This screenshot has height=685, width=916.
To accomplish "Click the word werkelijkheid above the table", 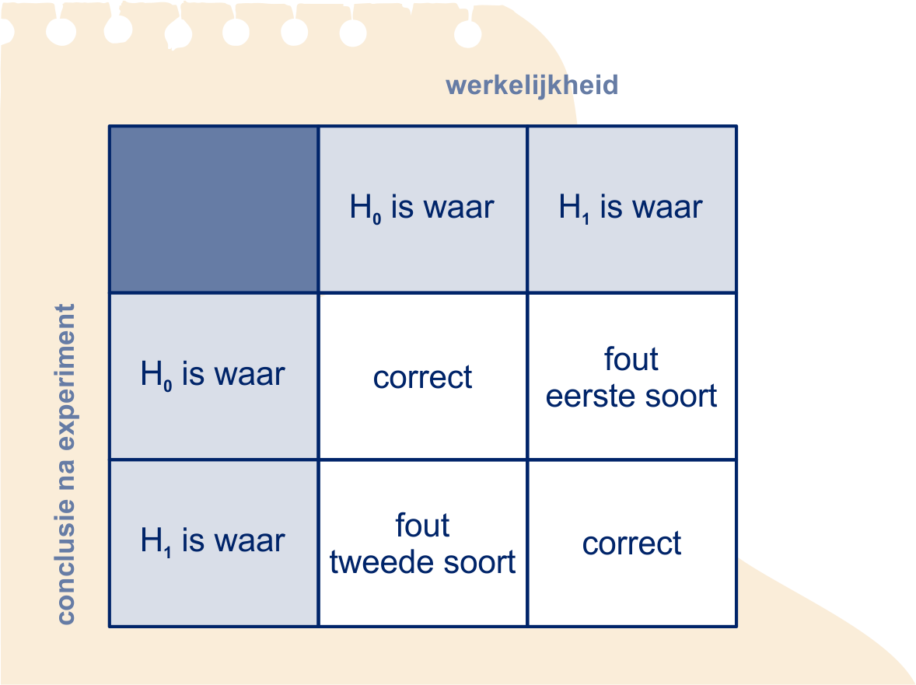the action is pos(532,86).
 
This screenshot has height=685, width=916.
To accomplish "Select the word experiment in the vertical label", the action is pos(66,376).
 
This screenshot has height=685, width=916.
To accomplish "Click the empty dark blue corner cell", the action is pos(214,209).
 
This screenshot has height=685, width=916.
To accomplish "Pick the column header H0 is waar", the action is pos(421,208).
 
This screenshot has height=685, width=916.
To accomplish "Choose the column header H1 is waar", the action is pos(631,208).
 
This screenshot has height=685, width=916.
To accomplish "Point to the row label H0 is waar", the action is pos(212,374).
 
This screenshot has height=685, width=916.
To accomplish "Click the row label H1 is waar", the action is pos(212,540).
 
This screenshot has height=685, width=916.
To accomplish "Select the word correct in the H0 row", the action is pos(422,377).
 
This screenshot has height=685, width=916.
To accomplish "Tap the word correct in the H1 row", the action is pos(631,543).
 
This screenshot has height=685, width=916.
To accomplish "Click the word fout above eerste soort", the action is pos(631,358).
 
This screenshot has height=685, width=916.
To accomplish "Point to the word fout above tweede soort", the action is pos(422,525).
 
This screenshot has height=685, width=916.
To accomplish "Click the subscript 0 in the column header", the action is pos(377,219).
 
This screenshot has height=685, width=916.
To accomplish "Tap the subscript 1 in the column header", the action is pos(586,219).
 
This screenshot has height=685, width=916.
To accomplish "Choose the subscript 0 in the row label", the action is pos(168,386).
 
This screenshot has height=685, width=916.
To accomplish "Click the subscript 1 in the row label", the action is pos(168,552).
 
